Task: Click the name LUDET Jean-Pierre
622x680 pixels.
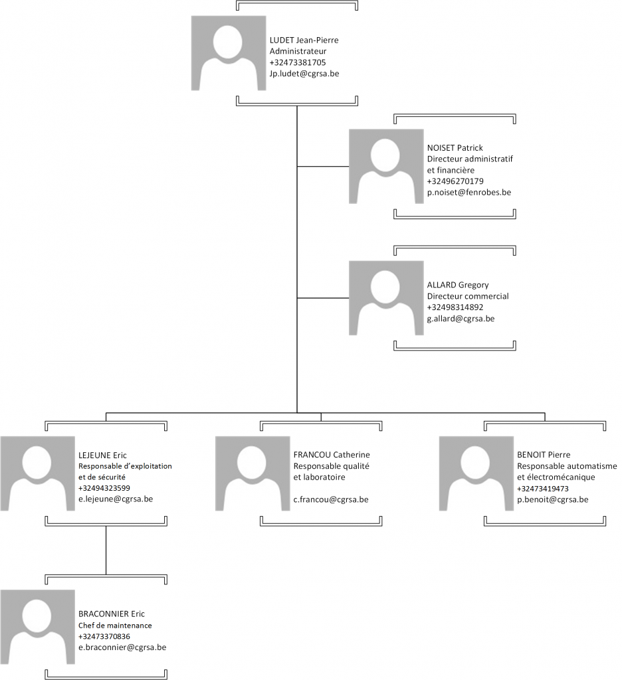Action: tap(304, 40)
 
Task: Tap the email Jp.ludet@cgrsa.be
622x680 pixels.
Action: tap(304, 74)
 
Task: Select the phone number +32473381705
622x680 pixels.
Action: tap(298, 62)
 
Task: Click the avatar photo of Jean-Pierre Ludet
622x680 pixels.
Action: tap(229, 53)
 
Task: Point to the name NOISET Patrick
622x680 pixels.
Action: tap(455, 148)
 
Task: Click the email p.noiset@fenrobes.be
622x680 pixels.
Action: tap(469, 192)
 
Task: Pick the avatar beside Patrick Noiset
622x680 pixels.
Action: tap(386, 166)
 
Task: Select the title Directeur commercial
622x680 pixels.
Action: tap(468, 296)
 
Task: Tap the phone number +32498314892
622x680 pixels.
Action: tap(455, 307)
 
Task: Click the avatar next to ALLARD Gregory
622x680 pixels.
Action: tap(386, 298)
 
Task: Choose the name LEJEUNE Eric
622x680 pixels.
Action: tap(102, 456)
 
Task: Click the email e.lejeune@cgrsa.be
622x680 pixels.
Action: tap(116, 499)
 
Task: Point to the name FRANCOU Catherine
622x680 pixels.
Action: tap(332, 455)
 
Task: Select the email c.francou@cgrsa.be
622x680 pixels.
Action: tap(331, 499)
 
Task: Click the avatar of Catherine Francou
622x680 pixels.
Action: tap(253, 473)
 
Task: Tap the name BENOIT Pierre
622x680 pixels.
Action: tap(544, 455)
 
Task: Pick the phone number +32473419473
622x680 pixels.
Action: tap(543, 489)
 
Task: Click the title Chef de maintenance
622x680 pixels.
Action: tap(115, 626)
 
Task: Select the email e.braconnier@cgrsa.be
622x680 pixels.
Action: tap(122, 647)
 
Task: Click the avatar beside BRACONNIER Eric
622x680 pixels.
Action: tap(38, 627)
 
